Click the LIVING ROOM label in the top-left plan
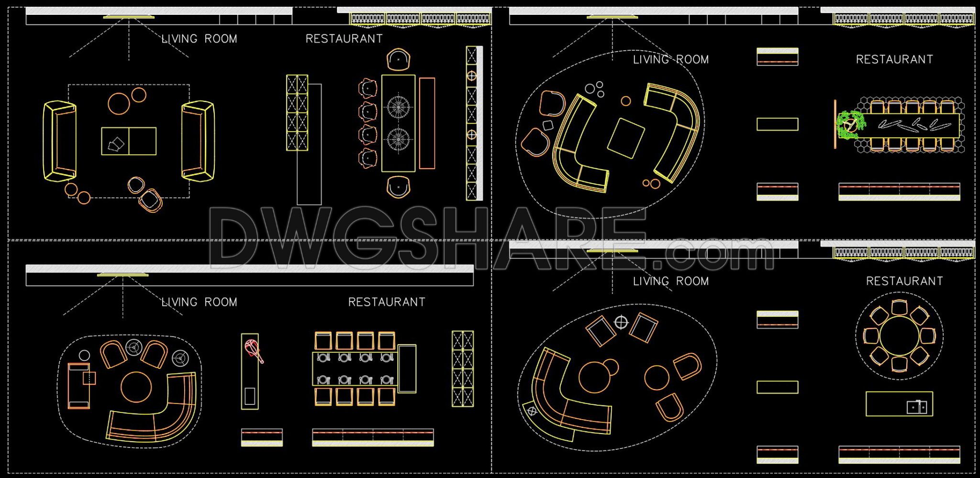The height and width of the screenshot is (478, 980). click(199, 39)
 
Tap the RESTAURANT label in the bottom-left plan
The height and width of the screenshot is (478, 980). click(387, 302)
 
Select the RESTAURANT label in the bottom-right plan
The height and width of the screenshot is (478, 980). click(904, 281)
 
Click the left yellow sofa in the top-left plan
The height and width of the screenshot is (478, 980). click(59, 141)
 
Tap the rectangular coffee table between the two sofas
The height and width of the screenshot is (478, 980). click(129, 141)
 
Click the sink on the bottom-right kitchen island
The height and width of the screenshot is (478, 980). click(917, 407)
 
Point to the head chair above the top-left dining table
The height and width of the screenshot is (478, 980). click(398, 60)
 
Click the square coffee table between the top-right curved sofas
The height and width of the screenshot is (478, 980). click(626, 138)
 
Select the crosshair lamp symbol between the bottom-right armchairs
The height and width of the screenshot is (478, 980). click(621, 322)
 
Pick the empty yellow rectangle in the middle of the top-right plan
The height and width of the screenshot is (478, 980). click(777, 124)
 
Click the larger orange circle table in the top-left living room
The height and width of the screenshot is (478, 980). click(119, 103)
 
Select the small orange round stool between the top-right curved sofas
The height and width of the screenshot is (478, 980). click(626, 101)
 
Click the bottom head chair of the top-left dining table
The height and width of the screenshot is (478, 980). click(398, 186)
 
